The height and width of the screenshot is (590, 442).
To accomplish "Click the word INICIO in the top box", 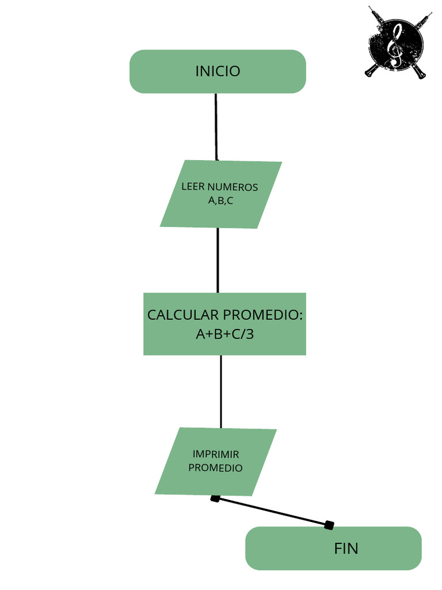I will tap(218, 71).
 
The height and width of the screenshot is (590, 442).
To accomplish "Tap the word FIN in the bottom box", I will tap(346, 549).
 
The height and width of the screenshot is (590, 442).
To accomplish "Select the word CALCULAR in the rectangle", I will tap(183, 315).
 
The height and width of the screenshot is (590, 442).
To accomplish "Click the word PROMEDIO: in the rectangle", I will tap(262, 315).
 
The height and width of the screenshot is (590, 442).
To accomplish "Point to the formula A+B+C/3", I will tap(224, 334).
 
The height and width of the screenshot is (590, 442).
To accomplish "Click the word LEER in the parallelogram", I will tap(193, 187).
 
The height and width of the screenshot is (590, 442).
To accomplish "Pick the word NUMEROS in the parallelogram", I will tap(233, 187).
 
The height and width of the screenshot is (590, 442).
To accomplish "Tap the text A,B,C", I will tap(220, 201).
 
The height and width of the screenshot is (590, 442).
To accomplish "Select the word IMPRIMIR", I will tap(216, 454).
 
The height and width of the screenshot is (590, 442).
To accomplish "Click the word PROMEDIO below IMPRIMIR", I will tap(216, 468).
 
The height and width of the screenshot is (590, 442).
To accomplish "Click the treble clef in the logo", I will tap(395, 45).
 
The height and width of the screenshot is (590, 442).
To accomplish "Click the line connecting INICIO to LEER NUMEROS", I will tap(216, 127).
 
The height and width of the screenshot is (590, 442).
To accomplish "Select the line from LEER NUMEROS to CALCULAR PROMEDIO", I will tap(218, 260).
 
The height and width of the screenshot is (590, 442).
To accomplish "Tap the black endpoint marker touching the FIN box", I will tap(329, 524).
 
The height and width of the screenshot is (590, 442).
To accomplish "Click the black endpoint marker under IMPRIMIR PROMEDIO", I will tap(215, 498).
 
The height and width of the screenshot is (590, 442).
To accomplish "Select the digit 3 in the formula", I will tap(249, 334).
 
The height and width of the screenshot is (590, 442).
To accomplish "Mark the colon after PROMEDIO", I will tap(300, 316).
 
